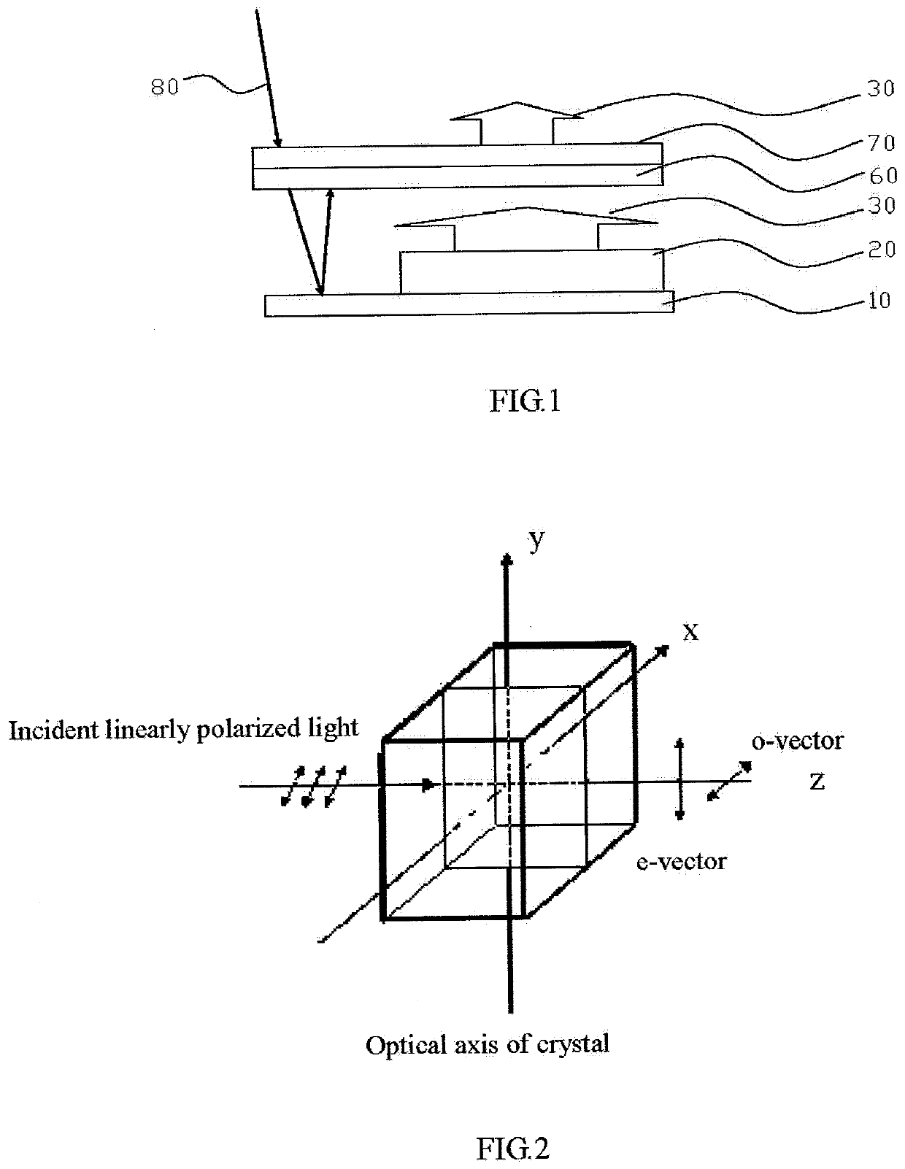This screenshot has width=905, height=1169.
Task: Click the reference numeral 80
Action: click(164, 87)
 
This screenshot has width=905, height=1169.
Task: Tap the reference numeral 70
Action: click(881, 143)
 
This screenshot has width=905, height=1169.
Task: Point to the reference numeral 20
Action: click(882, 250)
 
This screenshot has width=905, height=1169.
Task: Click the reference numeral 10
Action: click(879, 300)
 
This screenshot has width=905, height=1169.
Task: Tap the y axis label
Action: click(536, 539)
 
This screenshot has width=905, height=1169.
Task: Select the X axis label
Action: click(690, 633)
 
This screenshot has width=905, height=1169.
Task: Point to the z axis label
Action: click(817, 781)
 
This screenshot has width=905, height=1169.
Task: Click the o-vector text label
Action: click(798, 741)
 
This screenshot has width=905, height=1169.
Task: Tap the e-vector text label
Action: click(681, 863)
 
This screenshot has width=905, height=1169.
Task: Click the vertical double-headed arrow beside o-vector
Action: click(679, 779)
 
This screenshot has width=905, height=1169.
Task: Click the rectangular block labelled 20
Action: click(531, 271)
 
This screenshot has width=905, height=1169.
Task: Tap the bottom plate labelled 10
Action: click(469, 304)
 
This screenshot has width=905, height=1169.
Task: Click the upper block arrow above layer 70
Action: click(517, 123)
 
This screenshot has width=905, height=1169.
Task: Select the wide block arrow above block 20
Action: click(525, 230)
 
